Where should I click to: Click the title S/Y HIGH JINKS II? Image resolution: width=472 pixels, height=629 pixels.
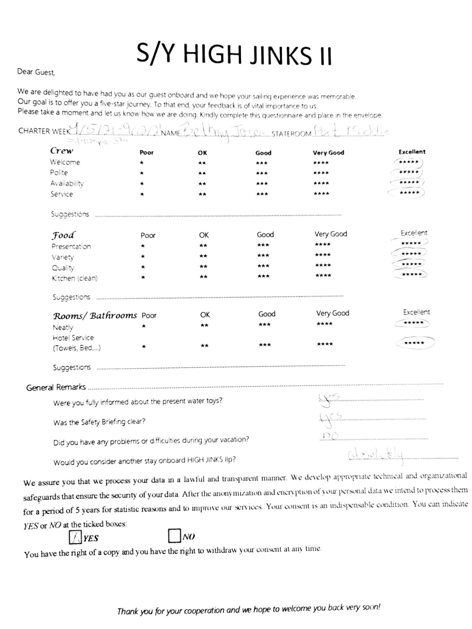234,54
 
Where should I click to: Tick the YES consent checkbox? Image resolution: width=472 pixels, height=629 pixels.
75,537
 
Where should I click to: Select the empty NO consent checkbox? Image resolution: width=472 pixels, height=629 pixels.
174,535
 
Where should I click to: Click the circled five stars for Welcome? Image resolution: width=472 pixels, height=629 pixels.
408,162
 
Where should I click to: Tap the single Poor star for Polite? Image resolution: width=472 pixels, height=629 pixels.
142,173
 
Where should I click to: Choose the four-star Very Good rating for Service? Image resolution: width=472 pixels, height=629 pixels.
321,193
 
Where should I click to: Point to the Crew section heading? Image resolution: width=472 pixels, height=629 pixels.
62,151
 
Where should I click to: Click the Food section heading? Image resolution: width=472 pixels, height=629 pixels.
63,235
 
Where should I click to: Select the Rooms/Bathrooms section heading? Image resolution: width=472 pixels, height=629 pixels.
95,316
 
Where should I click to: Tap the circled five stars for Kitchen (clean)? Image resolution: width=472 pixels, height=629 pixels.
411,274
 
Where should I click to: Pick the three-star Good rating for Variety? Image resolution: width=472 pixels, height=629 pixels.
263,256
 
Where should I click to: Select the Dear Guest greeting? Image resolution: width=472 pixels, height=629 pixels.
36,72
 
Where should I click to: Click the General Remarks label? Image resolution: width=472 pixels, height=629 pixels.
56,387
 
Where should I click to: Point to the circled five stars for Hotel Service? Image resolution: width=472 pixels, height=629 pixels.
414,343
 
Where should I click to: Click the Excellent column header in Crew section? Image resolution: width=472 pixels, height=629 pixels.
412,152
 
